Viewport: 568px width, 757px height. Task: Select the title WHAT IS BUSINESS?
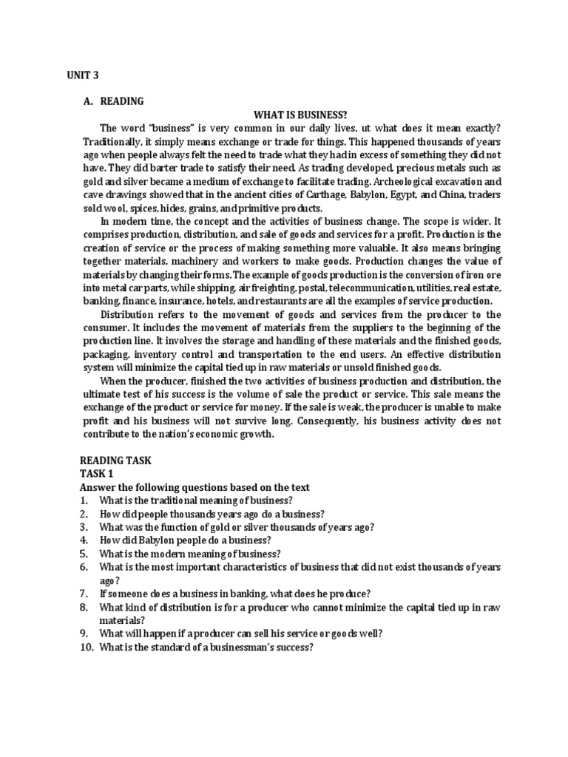pyautogui.click(x=300, y=115)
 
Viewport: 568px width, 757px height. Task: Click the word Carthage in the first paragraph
pyautogui.click(x=336, y=194)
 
